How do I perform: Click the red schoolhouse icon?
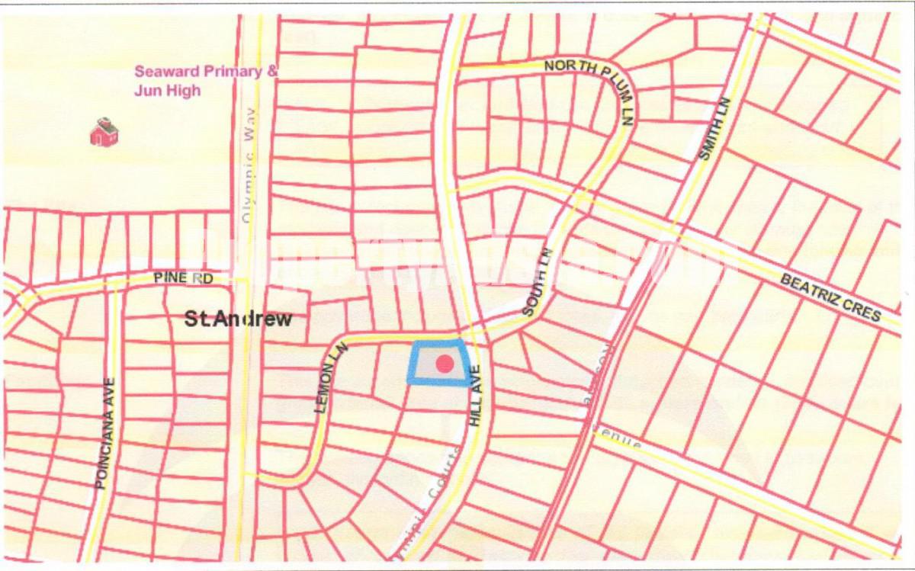(x=104, y=133)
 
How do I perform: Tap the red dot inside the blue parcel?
(x=444, y=364)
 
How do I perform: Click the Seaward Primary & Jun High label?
(x=206, y=81)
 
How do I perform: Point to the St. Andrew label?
(x=238, y=319)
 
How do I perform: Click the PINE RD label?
(x=182, y=279)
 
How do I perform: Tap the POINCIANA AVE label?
(x=104, y=433)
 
